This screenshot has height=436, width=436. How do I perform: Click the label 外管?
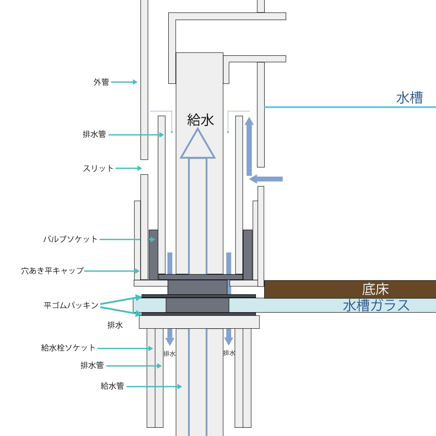pos(101,82)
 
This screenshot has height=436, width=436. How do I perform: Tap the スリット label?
pos(98,168)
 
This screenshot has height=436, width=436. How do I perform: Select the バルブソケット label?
pos(70,239)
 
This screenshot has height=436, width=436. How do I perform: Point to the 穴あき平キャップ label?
pos(53,271)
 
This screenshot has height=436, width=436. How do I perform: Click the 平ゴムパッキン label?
pos(71,305)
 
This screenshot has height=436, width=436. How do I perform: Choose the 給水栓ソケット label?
pos(68,347)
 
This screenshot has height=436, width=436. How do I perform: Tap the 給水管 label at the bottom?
pos(112,386)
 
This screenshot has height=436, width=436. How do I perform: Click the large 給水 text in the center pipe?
pos(201,120)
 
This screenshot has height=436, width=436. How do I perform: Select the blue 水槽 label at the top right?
pos(409,98)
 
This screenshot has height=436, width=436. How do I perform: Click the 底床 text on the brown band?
pos(375,290)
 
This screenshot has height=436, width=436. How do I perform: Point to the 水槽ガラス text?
pos(376,305)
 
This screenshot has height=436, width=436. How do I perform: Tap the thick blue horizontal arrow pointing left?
pos(266,179)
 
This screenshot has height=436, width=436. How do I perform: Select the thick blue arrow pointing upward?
pos(249,146)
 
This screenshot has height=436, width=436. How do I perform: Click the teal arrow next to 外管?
pos(124,82)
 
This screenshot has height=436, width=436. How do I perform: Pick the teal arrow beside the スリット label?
pos(129,168)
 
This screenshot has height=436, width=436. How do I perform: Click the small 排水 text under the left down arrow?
pos(169,354)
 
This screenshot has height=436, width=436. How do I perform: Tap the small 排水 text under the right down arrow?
pos(229,353)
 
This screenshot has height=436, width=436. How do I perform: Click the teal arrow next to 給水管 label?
pos(154,386)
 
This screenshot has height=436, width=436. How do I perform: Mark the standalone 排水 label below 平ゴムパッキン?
pos(115,325)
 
